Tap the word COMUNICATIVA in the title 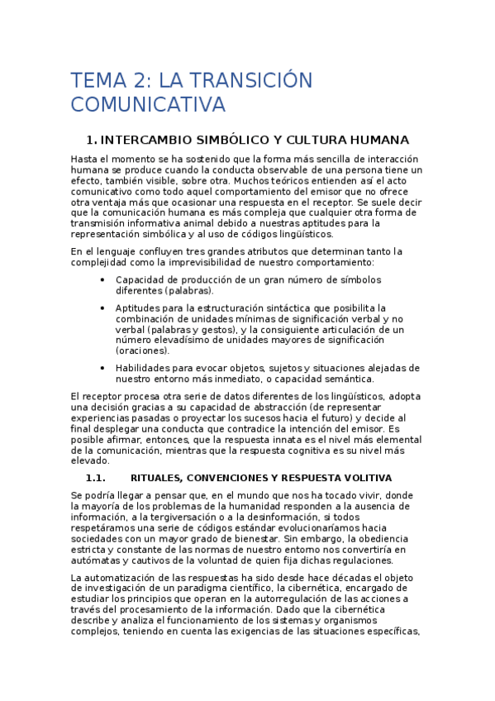[148, 105]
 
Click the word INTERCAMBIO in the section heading [147, 140]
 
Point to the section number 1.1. [97, 478]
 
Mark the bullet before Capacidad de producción [102, 279]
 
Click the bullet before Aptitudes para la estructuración [102, 308]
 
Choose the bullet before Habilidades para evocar [102, 368]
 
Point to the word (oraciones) [143, 350]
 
